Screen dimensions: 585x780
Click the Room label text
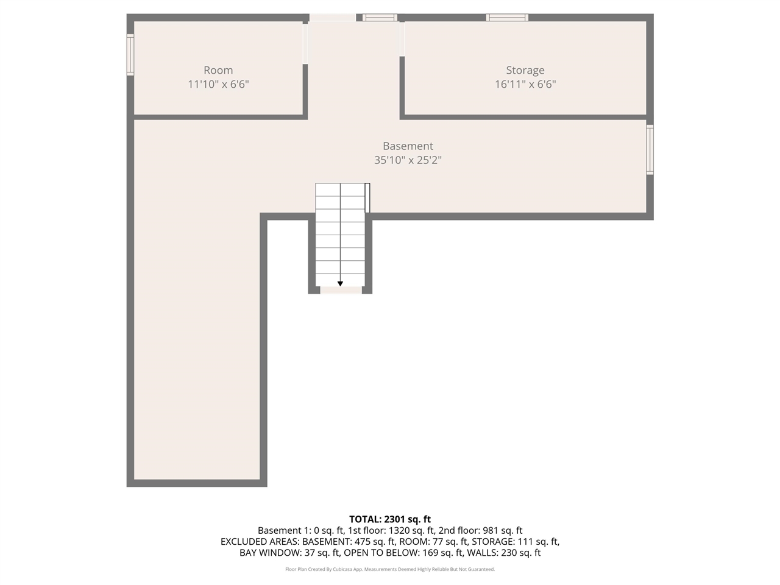click(x=218, y=70)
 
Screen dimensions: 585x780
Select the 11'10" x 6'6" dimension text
click(x=218, y=84)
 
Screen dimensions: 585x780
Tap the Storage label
click(x=525, y=70)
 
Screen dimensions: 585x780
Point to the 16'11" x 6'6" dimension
click(x=525, y=84)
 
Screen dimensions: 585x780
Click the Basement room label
click(x=408, y=146)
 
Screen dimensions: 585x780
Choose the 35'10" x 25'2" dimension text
click(x=408, y=160)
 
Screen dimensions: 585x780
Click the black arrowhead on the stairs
click(x=340, y=283)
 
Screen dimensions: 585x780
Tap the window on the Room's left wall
click(x=130, y=55)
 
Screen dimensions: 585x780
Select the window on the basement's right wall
click(x=650, y=149)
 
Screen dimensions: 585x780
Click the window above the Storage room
click(x=507, y=18)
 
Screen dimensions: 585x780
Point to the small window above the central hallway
click(x=380, y=18)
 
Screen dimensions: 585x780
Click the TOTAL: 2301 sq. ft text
click(x=390, y=519)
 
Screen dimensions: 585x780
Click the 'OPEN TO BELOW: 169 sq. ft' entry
click(x=403, y=553)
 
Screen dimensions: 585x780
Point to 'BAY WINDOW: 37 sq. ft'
click(x=289, y=553)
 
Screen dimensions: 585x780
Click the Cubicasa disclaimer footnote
click(x=390, y=569)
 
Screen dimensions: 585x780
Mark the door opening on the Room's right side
click(x=305, y=43)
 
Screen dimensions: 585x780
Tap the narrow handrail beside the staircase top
click(x=367, y=197)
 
